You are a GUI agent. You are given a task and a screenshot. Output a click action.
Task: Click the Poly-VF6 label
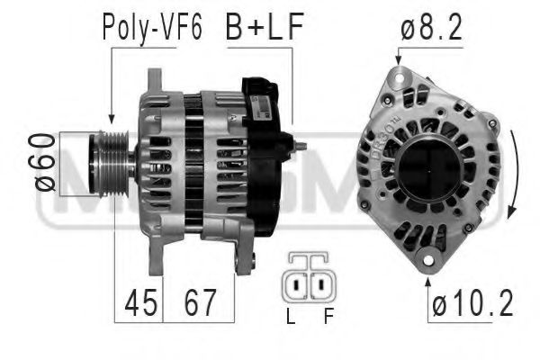tap(152, 28)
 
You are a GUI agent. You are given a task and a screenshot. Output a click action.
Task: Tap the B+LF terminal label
tap(264, 28)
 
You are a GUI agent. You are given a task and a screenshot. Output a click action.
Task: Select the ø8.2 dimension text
tap(430, 28)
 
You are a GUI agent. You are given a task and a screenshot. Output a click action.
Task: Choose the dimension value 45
tap(138, 304)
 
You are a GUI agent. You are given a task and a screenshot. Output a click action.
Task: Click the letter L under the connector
tap(290, 318)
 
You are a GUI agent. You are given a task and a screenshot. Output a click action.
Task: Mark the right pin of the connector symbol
tap(319, 285)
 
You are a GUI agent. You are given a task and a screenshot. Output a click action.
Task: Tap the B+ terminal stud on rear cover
tap(301, 146)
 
